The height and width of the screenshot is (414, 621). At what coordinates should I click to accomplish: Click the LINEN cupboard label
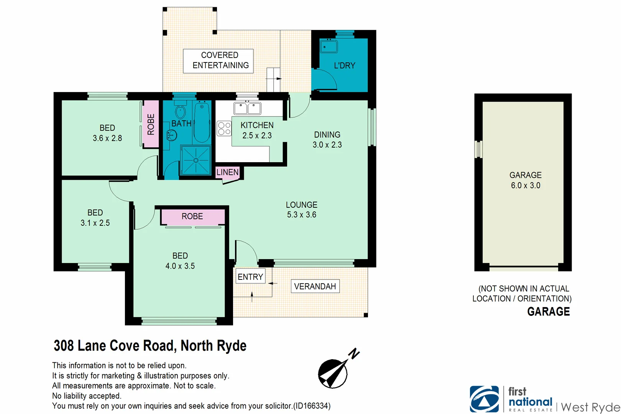click(x=227, y=172)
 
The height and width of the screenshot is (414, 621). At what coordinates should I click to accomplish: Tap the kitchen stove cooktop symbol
click(x=224, y=128)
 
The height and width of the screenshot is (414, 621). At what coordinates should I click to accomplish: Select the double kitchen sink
click(x=247, y=108)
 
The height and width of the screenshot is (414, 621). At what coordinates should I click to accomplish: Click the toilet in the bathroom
click(x=180, y=111)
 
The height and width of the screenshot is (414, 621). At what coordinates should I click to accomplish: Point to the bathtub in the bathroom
click(x=202, y=122)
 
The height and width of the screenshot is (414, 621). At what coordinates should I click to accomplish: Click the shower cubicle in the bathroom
click(x=196, y=160)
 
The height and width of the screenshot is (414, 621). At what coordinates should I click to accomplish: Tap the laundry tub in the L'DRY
click(x=329, y=47)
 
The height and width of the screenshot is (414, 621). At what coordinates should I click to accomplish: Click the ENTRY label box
click(x=250, y=277)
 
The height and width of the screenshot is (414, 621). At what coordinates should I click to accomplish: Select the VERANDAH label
click(x=315, y=286)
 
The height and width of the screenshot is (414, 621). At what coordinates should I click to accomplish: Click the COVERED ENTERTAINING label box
click(x=220, y=61)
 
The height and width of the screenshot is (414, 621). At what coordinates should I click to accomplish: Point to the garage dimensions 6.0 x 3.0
click(x=526, y=186)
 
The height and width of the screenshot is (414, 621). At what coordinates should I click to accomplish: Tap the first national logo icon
click(x=484, y=399)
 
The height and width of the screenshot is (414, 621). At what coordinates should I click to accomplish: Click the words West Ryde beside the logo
click(x=590, y=407)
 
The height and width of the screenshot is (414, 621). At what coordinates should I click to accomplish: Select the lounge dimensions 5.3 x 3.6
click(x=302, y=215)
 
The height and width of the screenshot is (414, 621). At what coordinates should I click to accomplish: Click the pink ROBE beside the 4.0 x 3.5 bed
click(x=192, y=217)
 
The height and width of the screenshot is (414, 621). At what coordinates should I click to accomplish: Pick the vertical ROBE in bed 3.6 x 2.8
click(x=151, y=124)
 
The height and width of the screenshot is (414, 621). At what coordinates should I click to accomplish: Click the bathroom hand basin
click(x=172, y=135)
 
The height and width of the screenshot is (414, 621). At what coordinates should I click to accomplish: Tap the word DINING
click(x=327, y=135)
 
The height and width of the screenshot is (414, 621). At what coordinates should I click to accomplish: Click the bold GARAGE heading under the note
click(x=548, y=312)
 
